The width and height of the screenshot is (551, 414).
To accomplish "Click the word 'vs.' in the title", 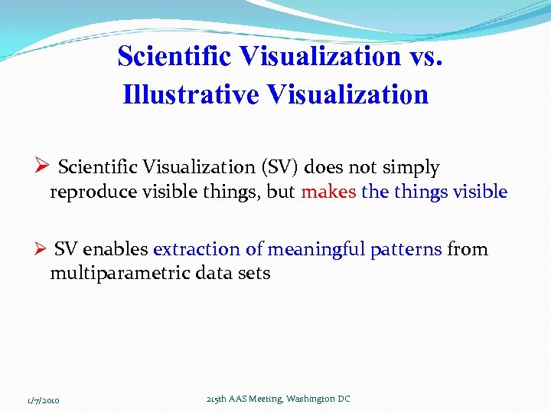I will (425, 57).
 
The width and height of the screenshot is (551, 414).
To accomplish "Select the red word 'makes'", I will (328, 192).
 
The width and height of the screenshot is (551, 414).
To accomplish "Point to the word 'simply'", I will (412, 167).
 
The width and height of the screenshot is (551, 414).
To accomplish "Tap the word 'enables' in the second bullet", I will (115, 249).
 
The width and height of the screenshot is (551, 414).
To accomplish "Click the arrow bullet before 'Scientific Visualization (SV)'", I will (42, 166).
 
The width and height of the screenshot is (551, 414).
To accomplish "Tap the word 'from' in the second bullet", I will (468, 249).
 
